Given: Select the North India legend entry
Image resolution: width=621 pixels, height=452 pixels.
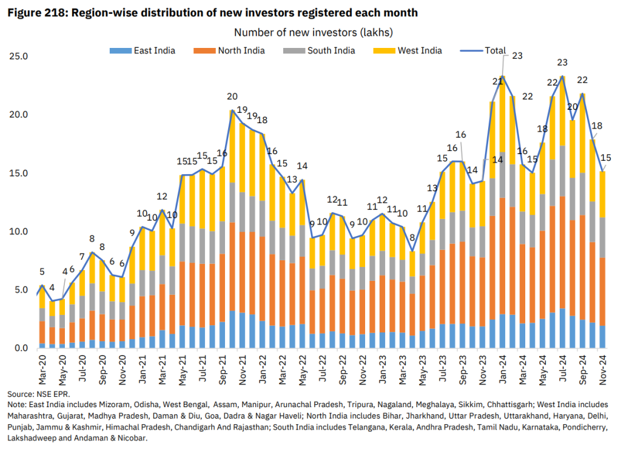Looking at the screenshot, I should tap(241, 50).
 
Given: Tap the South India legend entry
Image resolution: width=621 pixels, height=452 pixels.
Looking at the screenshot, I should tap(331, 50).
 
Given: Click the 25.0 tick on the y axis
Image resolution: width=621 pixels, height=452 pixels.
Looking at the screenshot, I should tap(19, 56).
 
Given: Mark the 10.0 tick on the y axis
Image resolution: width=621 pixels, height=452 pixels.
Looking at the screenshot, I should tap(19, 231).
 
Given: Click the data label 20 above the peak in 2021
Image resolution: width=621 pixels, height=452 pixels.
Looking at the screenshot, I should tap(232, 96).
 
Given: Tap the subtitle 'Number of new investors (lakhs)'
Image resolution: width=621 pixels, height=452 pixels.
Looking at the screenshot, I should tap(310, 32).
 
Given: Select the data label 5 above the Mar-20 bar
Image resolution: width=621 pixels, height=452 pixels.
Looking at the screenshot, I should tap(42, 272).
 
